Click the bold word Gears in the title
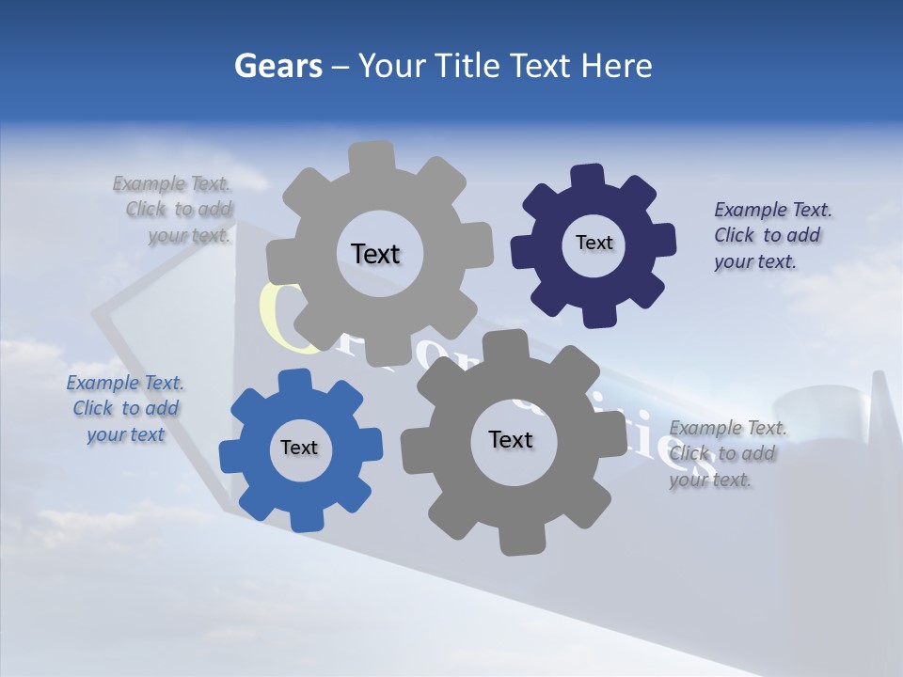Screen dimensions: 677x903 [x=278, y=67]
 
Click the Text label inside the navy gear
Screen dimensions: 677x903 [x=594, y=243]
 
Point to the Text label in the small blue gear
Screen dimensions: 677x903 [x=299, y=448]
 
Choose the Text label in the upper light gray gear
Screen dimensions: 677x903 [x=375, y=254]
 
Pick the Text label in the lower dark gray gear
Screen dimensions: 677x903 [x=511, y=439]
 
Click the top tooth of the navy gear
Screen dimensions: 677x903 [x=588, y=177]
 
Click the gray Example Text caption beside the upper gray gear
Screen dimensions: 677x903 [x=174, y=210]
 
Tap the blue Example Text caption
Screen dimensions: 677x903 [x=125, y=409]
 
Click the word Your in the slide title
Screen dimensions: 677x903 [x=395, y=67]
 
